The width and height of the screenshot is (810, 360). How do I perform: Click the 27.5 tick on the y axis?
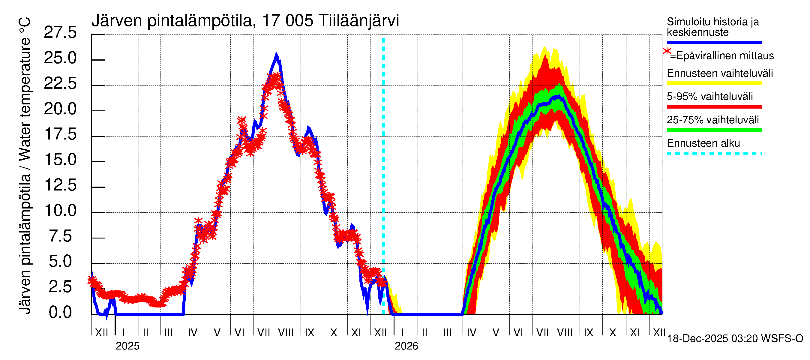click(x=60, y=32)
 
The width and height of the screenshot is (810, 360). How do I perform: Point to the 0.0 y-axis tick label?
click(x=60, y=312)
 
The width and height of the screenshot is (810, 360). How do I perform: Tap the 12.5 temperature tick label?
click(x=60, y=185)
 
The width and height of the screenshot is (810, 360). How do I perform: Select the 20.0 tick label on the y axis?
click(x=60, y=109)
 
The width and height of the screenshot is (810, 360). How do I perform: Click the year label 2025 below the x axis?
click(x=127, y=346)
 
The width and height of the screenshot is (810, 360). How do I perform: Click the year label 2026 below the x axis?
click(x=406, y=346)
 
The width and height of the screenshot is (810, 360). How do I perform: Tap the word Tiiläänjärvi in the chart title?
click(x=358, y=21)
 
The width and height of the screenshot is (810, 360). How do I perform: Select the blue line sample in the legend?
click(x=714, y=42)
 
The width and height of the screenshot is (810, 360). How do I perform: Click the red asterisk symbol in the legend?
click(x=667, y=52)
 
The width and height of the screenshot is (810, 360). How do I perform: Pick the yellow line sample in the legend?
click(x=714, y=84)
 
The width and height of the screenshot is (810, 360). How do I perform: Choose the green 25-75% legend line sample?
click(x=714, y=130)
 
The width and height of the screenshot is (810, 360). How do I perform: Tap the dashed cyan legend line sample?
click(x=714, y=153)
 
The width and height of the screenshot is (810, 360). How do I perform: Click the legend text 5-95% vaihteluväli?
click(x=710, y=97)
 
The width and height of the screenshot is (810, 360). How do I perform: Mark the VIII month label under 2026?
click(x=565, y=333)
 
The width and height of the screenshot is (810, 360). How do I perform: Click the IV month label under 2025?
click(x=192, y=333)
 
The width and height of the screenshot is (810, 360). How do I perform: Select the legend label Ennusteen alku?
click(x=703, y=143)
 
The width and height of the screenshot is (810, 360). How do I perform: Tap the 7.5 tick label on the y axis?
click(x=60, y=236)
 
